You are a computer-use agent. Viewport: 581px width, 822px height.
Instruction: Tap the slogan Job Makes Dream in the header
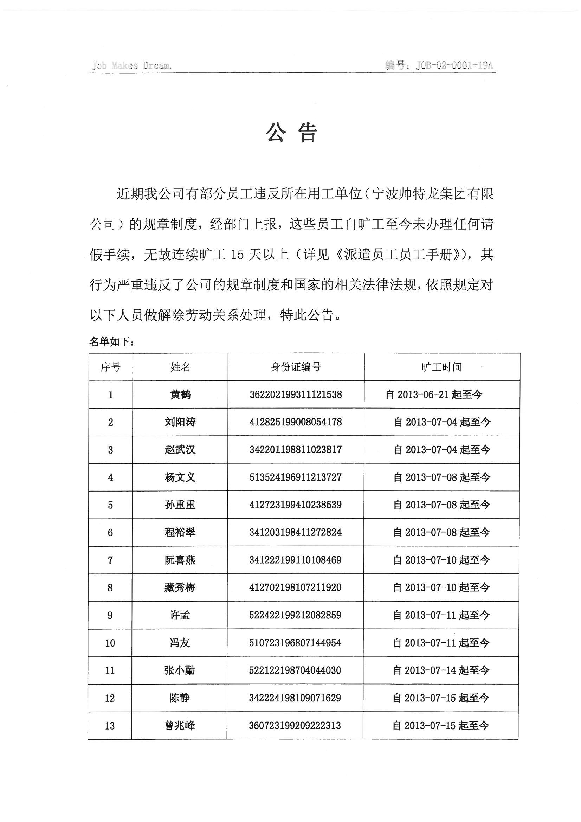[x=131, y=65]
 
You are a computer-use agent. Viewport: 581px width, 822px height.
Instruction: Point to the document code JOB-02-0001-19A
[x=454, y=65]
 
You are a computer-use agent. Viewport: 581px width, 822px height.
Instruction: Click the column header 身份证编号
[x=296, y=367]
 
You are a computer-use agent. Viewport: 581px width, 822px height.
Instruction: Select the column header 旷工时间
[x=442, y=367]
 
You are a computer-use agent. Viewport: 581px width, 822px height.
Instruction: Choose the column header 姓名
[x=180, y=367]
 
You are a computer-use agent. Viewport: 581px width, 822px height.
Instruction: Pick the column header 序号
[x=111, y=367]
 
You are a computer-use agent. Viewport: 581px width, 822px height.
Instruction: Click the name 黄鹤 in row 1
[x=180, y=394]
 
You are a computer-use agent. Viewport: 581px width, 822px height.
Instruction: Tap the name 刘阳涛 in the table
[x=180, y=422]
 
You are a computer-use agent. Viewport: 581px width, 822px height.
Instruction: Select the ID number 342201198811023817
[x=296, y=450]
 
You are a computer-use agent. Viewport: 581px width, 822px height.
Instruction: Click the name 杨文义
[x=180, y=477]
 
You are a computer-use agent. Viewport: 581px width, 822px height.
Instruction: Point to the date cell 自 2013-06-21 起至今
[x=434, y=394]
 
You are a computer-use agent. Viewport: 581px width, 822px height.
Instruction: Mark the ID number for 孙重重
[x=296, y=505]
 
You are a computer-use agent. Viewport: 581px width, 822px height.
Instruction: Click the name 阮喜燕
[x=180, y=560]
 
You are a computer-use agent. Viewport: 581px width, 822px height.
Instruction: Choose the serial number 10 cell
[x=110, y=643]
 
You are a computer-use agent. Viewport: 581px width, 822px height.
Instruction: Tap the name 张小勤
[x=180, y=670]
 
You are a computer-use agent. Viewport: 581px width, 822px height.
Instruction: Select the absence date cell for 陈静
[x=441, y=698]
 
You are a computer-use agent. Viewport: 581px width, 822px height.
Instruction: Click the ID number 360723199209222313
[x=295, y=726]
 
